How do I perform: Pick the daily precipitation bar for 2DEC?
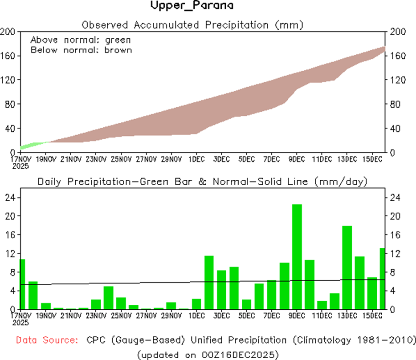pyautogui.click(x=209, y=282)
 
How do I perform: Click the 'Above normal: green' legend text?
pyautogui.click(x=81, y=40)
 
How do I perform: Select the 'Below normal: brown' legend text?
pyautogui.click(x=81, y=50)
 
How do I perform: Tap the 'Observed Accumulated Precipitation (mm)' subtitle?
pyautogui.click(x=192, y=24)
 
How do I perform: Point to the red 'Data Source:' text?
pyautogui.click(x=47, y=340)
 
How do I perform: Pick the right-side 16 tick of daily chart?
pyautogui.click(x=395, y=235)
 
